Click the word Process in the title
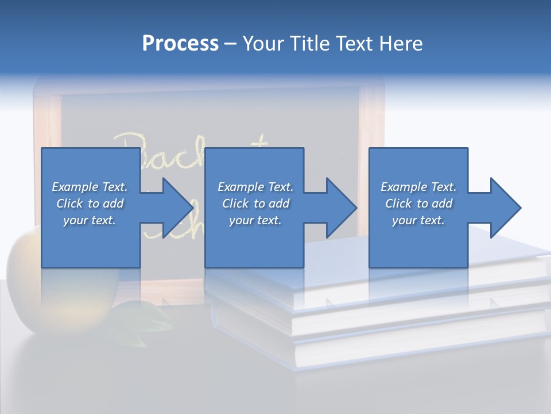point(180,44)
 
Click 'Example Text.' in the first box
point(90,187)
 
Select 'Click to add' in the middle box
point(255,204)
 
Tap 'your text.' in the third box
point(418,220)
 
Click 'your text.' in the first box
point(90,220)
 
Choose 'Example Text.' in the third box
point(418,187)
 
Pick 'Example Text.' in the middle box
point(255,187)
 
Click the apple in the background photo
point(23,270)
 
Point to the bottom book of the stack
point(402,345)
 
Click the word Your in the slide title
point(262,44)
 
